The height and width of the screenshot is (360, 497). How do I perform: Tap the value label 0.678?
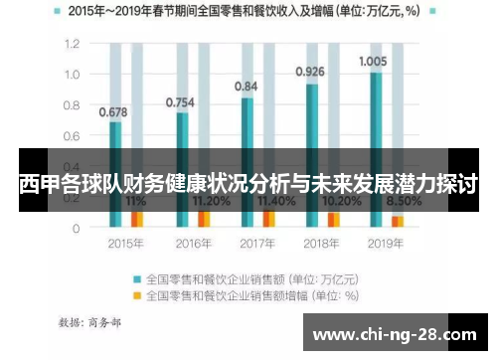[112, 111]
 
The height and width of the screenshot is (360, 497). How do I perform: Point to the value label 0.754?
[179, 101]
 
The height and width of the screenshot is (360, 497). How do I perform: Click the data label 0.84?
[246, 87]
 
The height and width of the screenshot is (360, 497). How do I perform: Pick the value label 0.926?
[310, 72]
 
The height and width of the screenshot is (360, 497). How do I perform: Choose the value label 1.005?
[373, 60]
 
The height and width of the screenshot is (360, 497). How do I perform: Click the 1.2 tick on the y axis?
[71, 44]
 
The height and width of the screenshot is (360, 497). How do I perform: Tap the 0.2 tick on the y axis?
[71, 198]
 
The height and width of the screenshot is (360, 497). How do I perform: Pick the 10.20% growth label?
[321, 201]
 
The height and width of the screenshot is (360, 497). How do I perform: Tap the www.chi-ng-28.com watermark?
[394, 333]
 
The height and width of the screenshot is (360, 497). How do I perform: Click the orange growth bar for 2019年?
[398, 221]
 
